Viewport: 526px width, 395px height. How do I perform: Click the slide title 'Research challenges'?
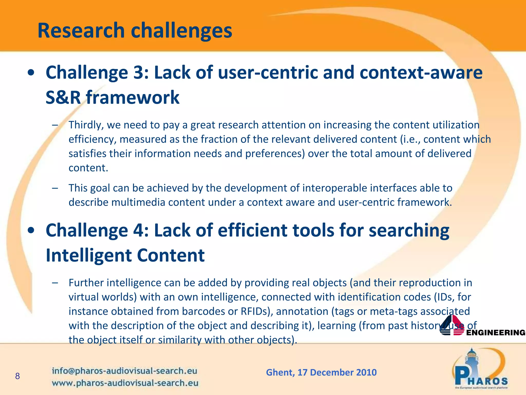(x=135, y=31)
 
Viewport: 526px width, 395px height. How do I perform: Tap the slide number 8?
(x=17, y=376)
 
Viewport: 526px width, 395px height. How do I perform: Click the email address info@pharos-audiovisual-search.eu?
(x=125, y=371)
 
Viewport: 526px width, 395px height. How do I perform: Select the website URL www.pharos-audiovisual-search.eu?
(x=125, y=383)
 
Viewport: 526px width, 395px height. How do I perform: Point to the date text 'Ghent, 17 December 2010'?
(x=321, y=372)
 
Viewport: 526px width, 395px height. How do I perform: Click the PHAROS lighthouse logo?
(x=480, y=369)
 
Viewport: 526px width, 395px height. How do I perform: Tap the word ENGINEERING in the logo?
(x=496, y=333)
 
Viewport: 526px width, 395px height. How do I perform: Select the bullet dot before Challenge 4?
(x=31, y=231)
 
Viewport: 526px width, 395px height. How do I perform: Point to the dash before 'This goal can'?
(x=55, y=188)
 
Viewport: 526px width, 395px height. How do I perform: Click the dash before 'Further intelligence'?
(x=55, y=283)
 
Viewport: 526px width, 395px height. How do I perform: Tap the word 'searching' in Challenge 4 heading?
(x=409, y=230)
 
